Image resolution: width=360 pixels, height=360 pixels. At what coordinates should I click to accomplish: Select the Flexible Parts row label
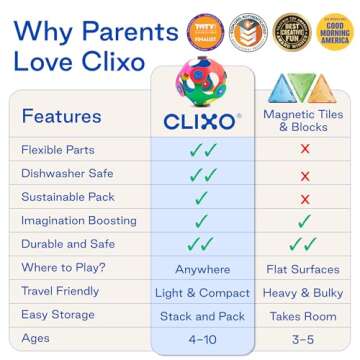[x=58, y=150]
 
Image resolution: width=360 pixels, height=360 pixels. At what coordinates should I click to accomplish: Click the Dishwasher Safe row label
[x=66, y=174]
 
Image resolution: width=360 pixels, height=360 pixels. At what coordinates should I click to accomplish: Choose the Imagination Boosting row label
[x=78, y=221]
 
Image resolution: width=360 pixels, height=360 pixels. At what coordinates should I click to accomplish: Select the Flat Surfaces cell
[x=304, y=269]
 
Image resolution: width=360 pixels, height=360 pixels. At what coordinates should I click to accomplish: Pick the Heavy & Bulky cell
[x=304, y=293]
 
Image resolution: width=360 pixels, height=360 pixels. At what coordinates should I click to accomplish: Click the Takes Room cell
[x=304, y=317]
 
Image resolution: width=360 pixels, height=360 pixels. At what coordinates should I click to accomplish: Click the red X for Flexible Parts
[x=304, y=150]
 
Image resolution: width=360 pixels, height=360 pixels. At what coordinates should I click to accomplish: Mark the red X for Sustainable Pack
[x=304, y=197]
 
